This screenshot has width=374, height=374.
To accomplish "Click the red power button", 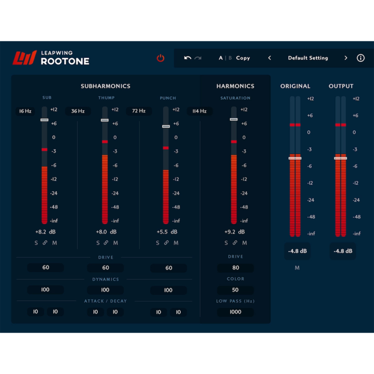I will tap(161, 58).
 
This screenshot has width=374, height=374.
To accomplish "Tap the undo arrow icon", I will tap(187, 58).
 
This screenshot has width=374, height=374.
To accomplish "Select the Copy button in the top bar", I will tap(243, 58).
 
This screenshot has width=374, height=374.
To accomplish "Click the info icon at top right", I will tap(361, 58).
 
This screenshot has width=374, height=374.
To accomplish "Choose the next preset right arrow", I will tap(346, 58).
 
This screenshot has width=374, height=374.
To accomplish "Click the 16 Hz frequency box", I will tap(25, 111).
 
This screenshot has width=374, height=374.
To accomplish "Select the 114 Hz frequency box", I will tap(199, 111).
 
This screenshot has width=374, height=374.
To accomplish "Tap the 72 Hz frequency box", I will tap(139, 111).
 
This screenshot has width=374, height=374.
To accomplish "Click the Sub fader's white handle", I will tap(44, 120).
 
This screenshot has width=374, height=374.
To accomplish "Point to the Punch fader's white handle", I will tap(166, 126).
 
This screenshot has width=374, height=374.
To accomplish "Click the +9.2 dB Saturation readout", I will tap(234, 232).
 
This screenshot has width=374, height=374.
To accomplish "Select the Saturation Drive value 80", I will tap(235, 268).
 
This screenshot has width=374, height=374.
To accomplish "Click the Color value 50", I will tap(235, 290).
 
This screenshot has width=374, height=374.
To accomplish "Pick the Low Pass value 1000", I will tap(235, 312).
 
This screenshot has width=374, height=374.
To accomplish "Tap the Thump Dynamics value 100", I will tap(105, 290).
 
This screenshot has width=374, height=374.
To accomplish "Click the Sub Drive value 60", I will tap(46, 268).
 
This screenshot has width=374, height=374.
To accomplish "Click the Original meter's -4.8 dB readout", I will tap(297, 251).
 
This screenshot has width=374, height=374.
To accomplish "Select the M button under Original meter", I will tap(297, 268).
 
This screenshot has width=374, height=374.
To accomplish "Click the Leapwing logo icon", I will tap(24, 58).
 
